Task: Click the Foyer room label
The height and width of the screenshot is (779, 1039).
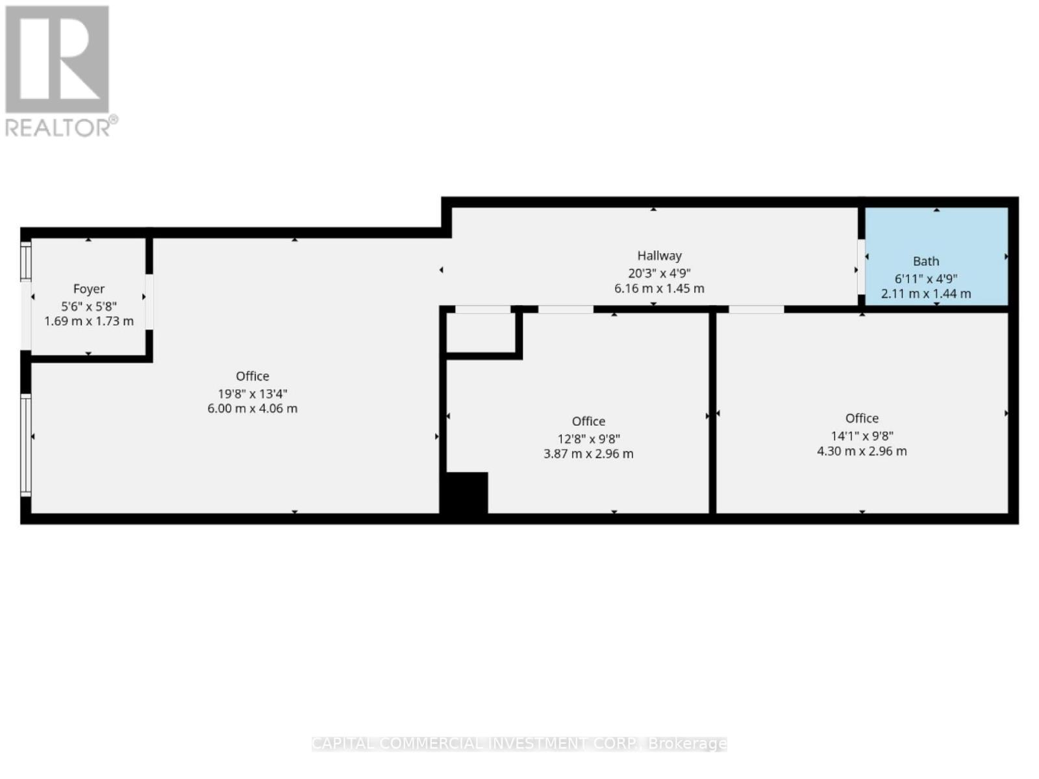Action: pos(89,289)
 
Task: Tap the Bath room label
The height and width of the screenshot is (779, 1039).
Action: pos(925,261)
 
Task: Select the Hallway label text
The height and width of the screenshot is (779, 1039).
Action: pos(659,256)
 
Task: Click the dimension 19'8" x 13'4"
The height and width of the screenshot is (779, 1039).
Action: pos(253,393)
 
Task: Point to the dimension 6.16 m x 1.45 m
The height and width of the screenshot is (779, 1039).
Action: pos(659,288)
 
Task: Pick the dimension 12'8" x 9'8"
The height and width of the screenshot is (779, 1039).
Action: pos(588,438)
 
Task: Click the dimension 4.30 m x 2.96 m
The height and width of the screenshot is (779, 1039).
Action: pos(862,451)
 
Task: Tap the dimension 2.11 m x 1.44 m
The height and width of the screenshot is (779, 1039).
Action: pos(925,293)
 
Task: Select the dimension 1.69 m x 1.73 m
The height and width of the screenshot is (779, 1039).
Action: pos(89,321)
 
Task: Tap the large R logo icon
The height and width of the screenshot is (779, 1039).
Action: pos(57,59)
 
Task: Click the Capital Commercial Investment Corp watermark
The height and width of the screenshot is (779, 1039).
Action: pos(519,743)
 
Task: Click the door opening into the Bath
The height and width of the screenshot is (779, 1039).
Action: pos(861,267)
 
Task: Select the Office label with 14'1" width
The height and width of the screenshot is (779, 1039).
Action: pos(862,419)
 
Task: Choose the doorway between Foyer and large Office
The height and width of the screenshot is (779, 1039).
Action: pos(149,302)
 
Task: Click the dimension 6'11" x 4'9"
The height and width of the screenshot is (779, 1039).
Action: pos(925,278)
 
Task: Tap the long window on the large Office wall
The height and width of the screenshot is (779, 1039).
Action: pos(26,445)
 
